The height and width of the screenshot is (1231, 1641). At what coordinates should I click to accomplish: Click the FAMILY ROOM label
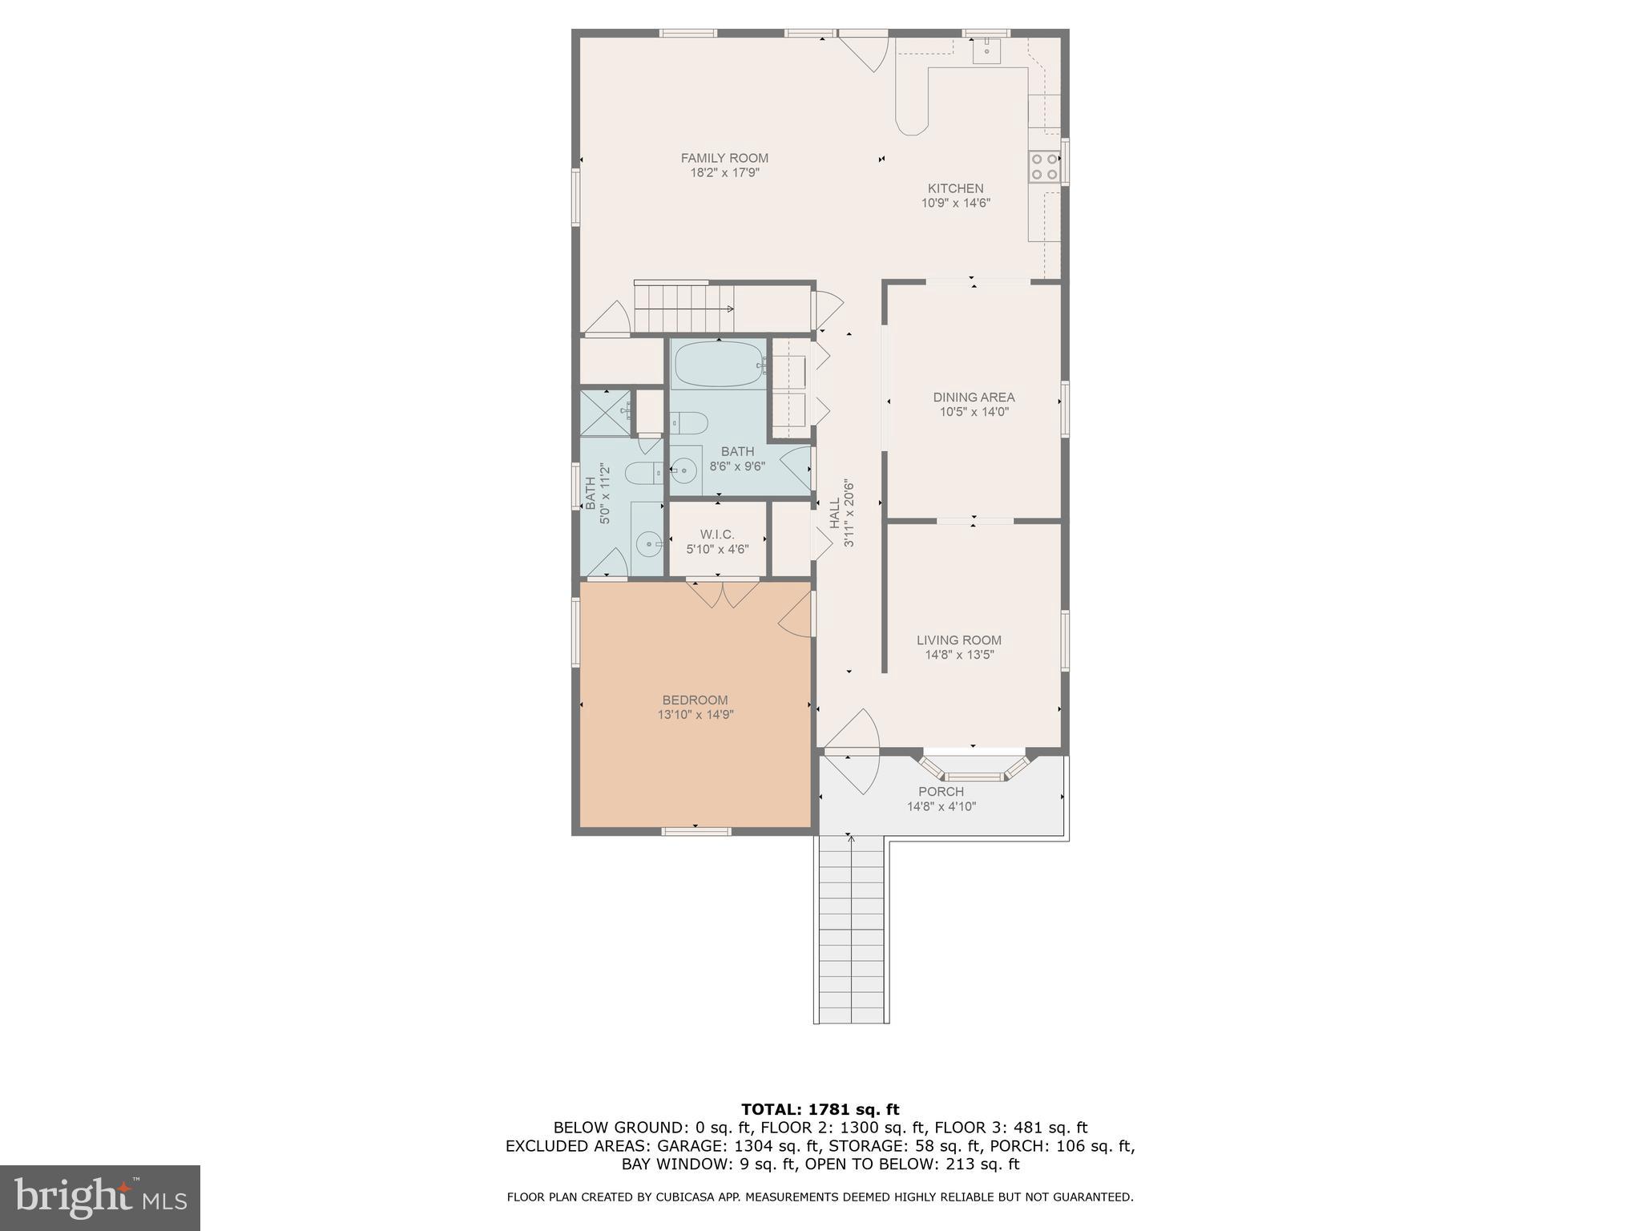tap(724, 158)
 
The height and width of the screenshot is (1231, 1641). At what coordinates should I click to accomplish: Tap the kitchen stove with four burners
tap(1044, 166)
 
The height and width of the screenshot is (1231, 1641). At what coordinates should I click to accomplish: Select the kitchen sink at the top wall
tap(986, 50)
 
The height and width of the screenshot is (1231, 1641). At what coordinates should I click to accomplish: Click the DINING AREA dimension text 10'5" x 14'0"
tap(974, 412)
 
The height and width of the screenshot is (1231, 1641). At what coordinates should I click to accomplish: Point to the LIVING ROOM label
tap(958, 640)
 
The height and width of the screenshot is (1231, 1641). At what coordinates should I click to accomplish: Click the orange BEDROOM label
tap(695, 700)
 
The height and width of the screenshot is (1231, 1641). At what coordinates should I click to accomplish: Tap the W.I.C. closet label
tap(716, 535)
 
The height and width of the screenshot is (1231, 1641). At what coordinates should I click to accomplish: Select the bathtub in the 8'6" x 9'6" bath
tap(719, 365)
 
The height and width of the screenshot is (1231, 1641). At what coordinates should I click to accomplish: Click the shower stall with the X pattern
tap(605, 413)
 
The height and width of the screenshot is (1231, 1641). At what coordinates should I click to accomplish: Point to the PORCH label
tap(941, 791)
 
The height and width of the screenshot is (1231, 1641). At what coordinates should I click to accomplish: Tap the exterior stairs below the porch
tap(852, 930)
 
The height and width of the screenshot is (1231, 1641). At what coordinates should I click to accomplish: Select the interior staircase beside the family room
tap(683, 308)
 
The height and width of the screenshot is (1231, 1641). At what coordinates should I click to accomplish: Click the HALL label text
tap(835, 513)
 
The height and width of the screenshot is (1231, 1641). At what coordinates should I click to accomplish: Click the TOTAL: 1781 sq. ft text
tap(820, 1109)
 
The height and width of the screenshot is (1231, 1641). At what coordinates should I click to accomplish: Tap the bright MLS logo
tap(99, 1197)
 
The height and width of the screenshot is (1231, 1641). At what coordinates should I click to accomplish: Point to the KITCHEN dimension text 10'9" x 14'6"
tap(955, 204)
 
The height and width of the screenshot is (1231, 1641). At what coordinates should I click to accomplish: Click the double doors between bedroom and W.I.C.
tap(724, 592)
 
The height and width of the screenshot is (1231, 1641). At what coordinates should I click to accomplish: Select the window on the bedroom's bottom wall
tap(696, 831)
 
